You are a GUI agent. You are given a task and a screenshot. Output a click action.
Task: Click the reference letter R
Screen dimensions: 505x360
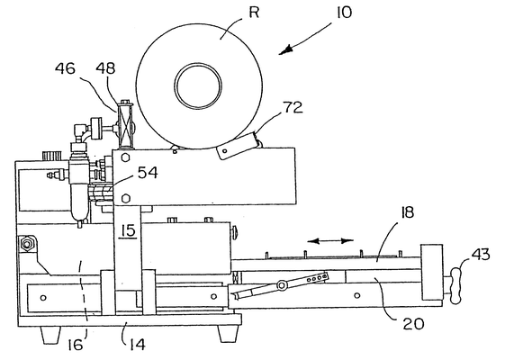(x=254, y=13)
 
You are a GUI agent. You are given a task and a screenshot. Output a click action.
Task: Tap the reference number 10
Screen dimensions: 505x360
(x=344, y=13)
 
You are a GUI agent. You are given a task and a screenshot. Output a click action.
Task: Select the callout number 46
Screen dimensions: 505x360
(x=65, y=68)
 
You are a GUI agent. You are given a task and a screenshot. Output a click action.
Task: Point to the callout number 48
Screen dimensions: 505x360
(x=105, y=68)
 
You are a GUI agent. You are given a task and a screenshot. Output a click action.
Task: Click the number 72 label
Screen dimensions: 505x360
(x=293, y=107)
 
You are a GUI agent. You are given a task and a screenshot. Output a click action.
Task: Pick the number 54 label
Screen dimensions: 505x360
(x=148, y=173)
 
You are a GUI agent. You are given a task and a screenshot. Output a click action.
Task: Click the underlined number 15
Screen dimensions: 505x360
(x=129, y=231)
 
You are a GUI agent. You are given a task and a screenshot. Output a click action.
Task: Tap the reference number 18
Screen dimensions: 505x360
(x=408, y=212)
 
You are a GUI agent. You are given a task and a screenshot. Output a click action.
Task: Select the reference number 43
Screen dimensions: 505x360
(x=481, y=255)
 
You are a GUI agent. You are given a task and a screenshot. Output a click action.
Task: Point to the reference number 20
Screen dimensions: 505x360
(x=413, y=324)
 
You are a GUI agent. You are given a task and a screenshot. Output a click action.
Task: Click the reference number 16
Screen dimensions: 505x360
(x=76, y=346)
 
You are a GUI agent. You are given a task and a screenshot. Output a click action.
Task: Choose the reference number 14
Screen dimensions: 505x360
(x=138, y=345)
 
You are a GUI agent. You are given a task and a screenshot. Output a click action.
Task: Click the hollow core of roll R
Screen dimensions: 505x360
(x=198, y=86)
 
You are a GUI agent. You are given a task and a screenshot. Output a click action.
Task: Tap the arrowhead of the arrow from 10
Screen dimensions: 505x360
(x=286, y=49)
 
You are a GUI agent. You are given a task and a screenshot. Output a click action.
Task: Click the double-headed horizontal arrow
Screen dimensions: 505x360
(x=330, y=241)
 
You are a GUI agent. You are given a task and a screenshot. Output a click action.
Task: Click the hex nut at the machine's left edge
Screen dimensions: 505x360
(x=27, y=244)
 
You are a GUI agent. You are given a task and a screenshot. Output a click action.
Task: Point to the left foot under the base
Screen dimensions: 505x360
(x=50, y=335)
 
